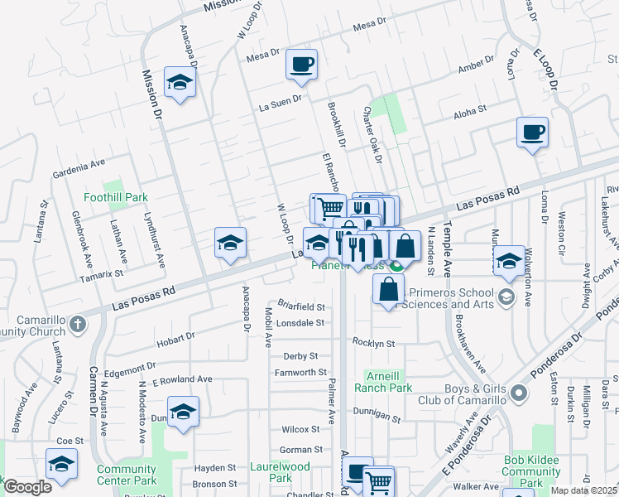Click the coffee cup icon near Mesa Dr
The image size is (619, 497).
[x=301, y=64]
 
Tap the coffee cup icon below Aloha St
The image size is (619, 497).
[x=532, y=132]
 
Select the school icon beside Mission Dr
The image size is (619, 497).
[x=179, y=82]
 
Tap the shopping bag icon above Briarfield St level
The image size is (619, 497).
[x=388, y=290]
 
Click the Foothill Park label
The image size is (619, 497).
[x=116, y=198]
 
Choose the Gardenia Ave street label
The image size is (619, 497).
[x=79, y=174]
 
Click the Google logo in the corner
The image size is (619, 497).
[x=27, y=486]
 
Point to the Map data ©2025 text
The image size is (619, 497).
[x=584, y=490]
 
